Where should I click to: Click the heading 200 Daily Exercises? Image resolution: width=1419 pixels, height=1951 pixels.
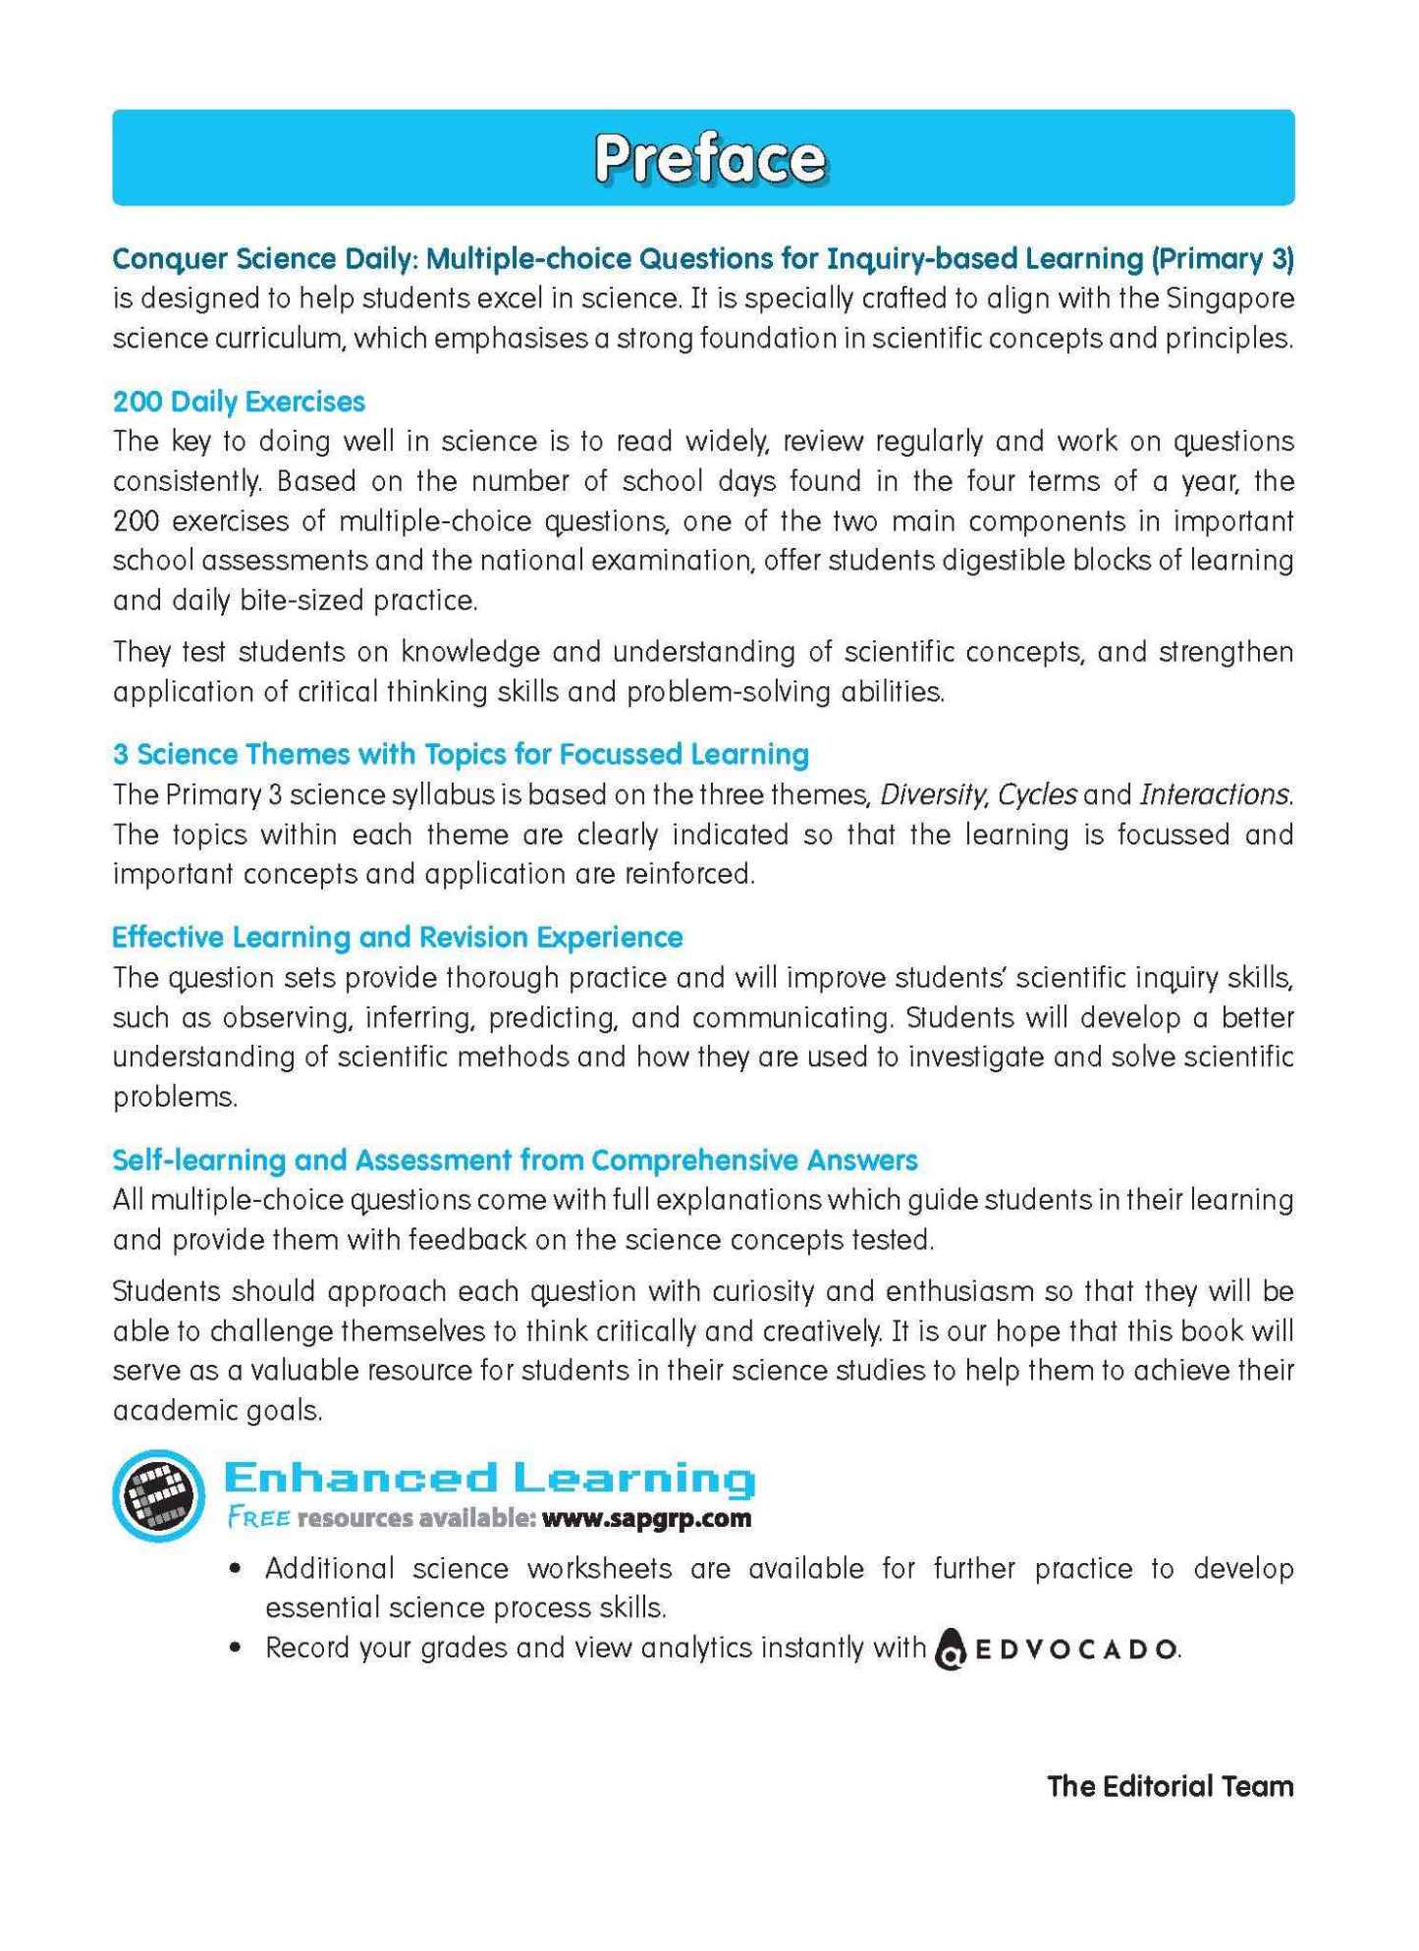point(239,402)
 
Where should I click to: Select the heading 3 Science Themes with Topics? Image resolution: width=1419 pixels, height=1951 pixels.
point(461,754)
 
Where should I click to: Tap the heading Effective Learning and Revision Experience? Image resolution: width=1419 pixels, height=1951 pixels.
point(397,937)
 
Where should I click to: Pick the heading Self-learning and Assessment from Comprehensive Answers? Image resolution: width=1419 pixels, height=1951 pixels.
point(515,1160)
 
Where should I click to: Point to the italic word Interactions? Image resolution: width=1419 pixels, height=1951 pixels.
point(1215,794)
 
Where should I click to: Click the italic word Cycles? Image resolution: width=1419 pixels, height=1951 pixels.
point(1037,794)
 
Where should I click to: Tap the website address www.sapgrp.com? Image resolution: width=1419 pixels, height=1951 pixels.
point(646,1518)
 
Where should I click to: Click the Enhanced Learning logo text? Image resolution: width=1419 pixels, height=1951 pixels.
point(489,1478)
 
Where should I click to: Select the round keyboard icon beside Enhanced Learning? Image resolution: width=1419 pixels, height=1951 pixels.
point(158,1495)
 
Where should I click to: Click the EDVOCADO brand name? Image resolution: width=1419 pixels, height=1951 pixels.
point(1074,1649)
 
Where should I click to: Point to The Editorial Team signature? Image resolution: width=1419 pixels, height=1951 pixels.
point(1170,1786)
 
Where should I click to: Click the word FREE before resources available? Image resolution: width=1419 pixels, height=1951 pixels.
point(258,1518)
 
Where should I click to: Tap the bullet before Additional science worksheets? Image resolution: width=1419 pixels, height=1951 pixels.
point(235,1569)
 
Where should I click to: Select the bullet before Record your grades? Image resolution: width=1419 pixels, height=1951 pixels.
point(235,1649)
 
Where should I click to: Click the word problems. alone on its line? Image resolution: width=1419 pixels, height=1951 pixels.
point(175,1097)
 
